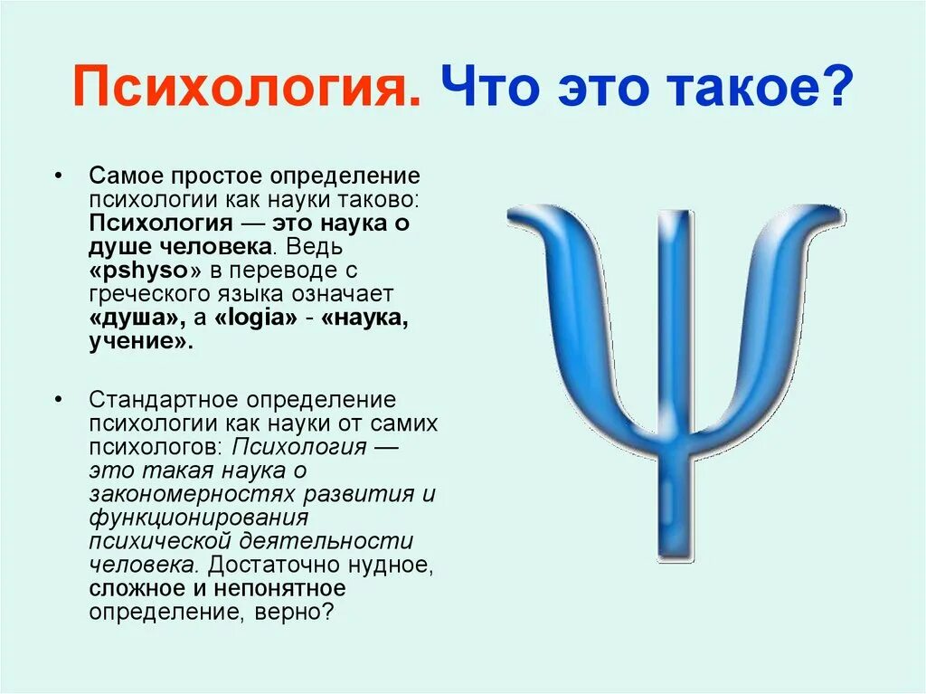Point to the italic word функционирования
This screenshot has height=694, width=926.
[199, 518]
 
